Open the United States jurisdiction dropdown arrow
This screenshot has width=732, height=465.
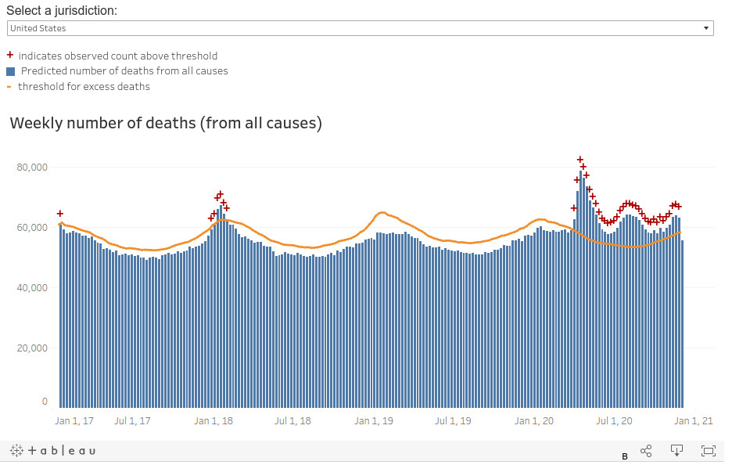(x=706, y=28)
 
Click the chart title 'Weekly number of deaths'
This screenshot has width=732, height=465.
(x=166, y=123)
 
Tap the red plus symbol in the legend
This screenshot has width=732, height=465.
(x=10, y=56)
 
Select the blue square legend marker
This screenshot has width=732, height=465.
(x=10, y=71)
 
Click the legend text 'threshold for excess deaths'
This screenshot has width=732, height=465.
(x=84, y=86)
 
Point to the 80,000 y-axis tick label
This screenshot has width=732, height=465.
(x=31, y=168)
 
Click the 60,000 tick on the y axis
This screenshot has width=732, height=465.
(x=31, y=228)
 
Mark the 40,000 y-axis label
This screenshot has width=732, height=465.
(x=31, y=288)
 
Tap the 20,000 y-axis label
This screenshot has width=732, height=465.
(x=31, y=348)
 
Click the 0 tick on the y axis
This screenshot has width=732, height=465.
(x=45, y=402)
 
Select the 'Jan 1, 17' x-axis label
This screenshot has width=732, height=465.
(x=74, y=421)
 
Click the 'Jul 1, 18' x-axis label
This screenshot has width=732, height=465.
(x=292, y=421)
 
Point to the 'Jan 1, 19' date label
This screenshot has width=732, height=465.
(x=373, y=421)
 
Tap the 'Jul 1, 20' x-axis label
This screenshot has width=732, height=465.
(x=614, y=421)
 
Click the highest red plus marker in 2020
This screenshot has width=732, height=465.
(x=580, y=160)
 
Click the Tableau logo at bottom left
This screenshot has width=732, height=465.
(x=53, y=451)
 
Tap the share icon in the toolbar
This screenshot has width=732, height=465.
(x=646, y=451)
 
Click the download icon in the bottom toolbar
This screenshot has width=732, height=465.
(x=677, y=450)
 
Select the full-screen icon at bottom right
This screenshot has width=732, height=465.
(x=709, y=451)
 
